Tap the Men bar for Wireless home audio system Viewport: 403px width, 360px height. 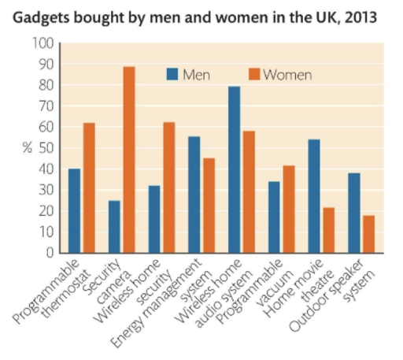pyautogui.click(x=234, y=169)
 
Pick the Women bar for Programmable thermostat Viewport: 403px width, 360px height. pyautogui.click(x=89, y=188)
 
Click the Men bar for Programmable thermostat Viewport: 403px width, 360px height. pyautogui.click(x=75, y=211)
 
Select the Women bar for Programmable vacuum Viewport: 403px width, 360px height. pyautogui.click(x=288, y=210)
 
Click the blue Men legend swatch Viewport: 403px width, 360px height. pyautogui.click(x=172, y=75)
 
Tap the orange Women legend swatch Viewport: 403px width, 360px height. pyautogui.click(x=253, y=75)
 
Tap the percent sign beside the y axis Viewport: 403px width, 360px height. pyautogui.click(x=27, y=148)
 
